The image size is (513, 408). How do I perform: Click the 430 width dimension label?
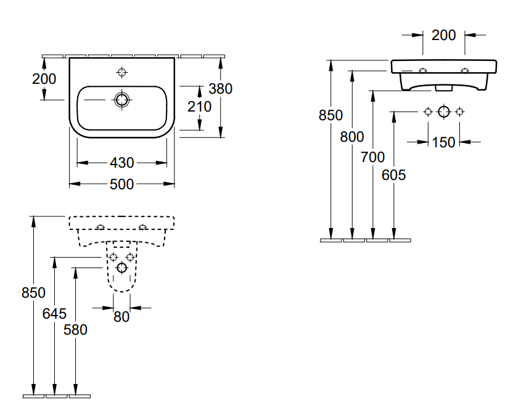[122, 163]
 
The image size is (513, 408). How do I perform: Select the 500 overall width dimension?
[122, 184]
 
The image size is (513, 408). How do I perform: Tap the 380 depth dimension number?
[220, 89]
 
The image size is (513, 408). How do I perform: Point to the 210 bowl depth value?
[199, 107]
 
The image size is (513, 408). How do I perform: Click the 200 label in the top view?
[44, 79]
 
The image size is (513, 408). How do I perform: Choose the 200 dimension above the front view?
[444, 35]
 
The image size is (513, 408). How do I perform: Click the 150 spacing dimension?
[443, 142]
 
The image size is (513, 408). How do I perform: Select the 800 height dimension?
[352, 137]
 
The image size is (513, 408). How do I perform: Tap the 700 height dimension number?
[373, 157]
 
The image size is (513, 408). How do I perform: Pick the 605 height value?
[394, 175]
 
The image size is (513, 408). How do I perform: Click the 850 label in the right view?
[330, 115]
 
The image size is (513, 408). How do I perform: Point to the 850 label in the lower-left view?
[33, 293]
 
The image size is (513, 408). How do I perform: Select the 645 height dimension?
[54, 314]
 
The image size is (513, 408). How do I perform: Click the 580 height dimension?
[75, 330]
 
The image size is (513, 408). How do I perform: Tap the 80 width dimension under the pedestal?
[122, 317]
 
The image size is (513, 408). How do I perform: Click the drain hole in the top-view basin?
[121, 99]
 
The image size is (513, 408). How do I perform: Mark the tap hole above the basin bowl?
[121, 73]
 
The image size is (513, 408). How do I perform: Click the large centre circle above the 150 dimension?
[444, 112]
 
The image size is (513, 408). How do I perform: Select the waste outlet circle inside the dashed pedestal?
[121, 267]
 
